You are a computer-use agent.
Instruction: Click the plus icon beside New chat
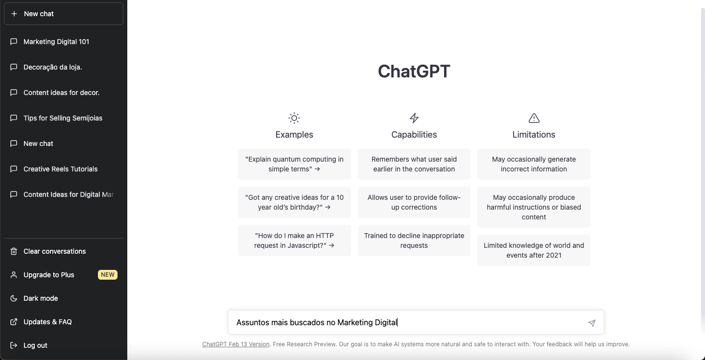point(14,14)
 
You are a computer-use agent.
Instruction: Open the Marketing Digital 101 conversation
point(56,42)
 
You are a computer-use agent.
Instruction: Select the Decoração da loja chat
point(52,67)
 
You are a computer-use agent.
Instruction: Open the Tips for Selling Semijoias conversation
point(63,118)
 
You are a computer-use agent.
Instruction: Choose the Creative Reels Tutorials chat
point(60,169)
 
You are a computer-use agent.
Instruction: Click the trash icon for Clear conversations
point(14,251)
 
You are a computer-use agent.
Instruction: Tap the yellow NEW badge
point(108,275)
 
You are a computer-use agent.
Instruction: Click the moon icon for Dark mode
point(14,298)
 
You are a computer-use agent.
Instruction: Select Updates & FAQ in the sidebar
point(47,322)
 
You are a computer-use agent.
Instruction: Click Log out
point(35,345)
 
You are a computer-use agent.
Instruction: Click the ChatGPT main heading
point(414,71)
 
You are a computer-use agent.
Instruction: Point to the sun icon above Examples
point(294,118)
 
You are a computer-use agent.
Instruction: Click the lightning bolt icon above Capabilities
point(414,118)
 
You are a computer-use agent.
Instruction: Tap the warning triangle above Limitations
point(534,118)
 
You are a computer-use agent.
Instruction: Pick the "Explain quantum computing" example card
point(294,164)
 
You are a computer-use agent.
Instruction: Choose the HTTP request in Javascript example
point(294,240)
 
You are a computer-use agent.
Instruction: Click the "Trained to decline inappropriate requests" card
point(414,240)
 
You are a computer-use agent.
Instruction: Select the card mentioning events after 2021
point(534,250)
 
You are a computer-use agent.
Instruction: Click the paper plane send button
point(592,323)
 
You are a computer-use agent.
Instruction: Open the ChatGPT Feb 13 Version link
point(236,344)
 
